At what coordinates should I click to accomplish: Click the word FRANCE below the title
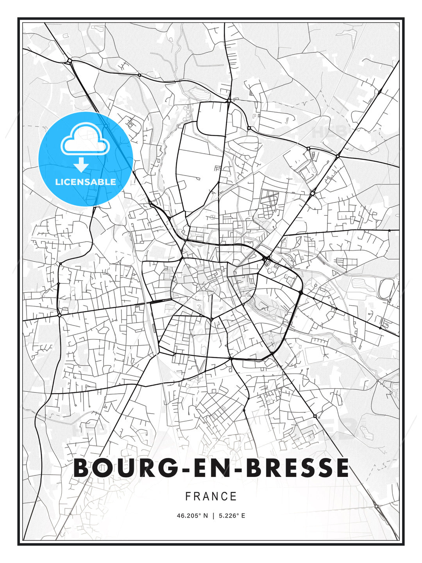coord(211,497)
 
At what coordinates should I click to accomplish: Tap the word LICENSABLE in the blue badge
coord(86,182)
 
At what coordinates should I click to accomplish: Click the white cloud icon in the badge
coord(85,140)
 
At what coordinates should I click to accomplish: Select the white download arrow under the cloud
coord(81,165)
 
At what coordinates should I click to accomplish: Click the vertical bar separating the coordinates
coord(213,516)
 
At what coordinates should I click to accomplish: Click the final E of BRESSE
coord(341,468)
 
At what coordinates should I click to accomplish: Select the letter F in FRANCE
coord(188,497)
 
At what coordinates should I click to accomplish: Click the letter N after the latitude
coord(206,516)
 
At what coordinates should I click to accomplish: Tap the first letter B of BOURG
coord(82,468)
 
